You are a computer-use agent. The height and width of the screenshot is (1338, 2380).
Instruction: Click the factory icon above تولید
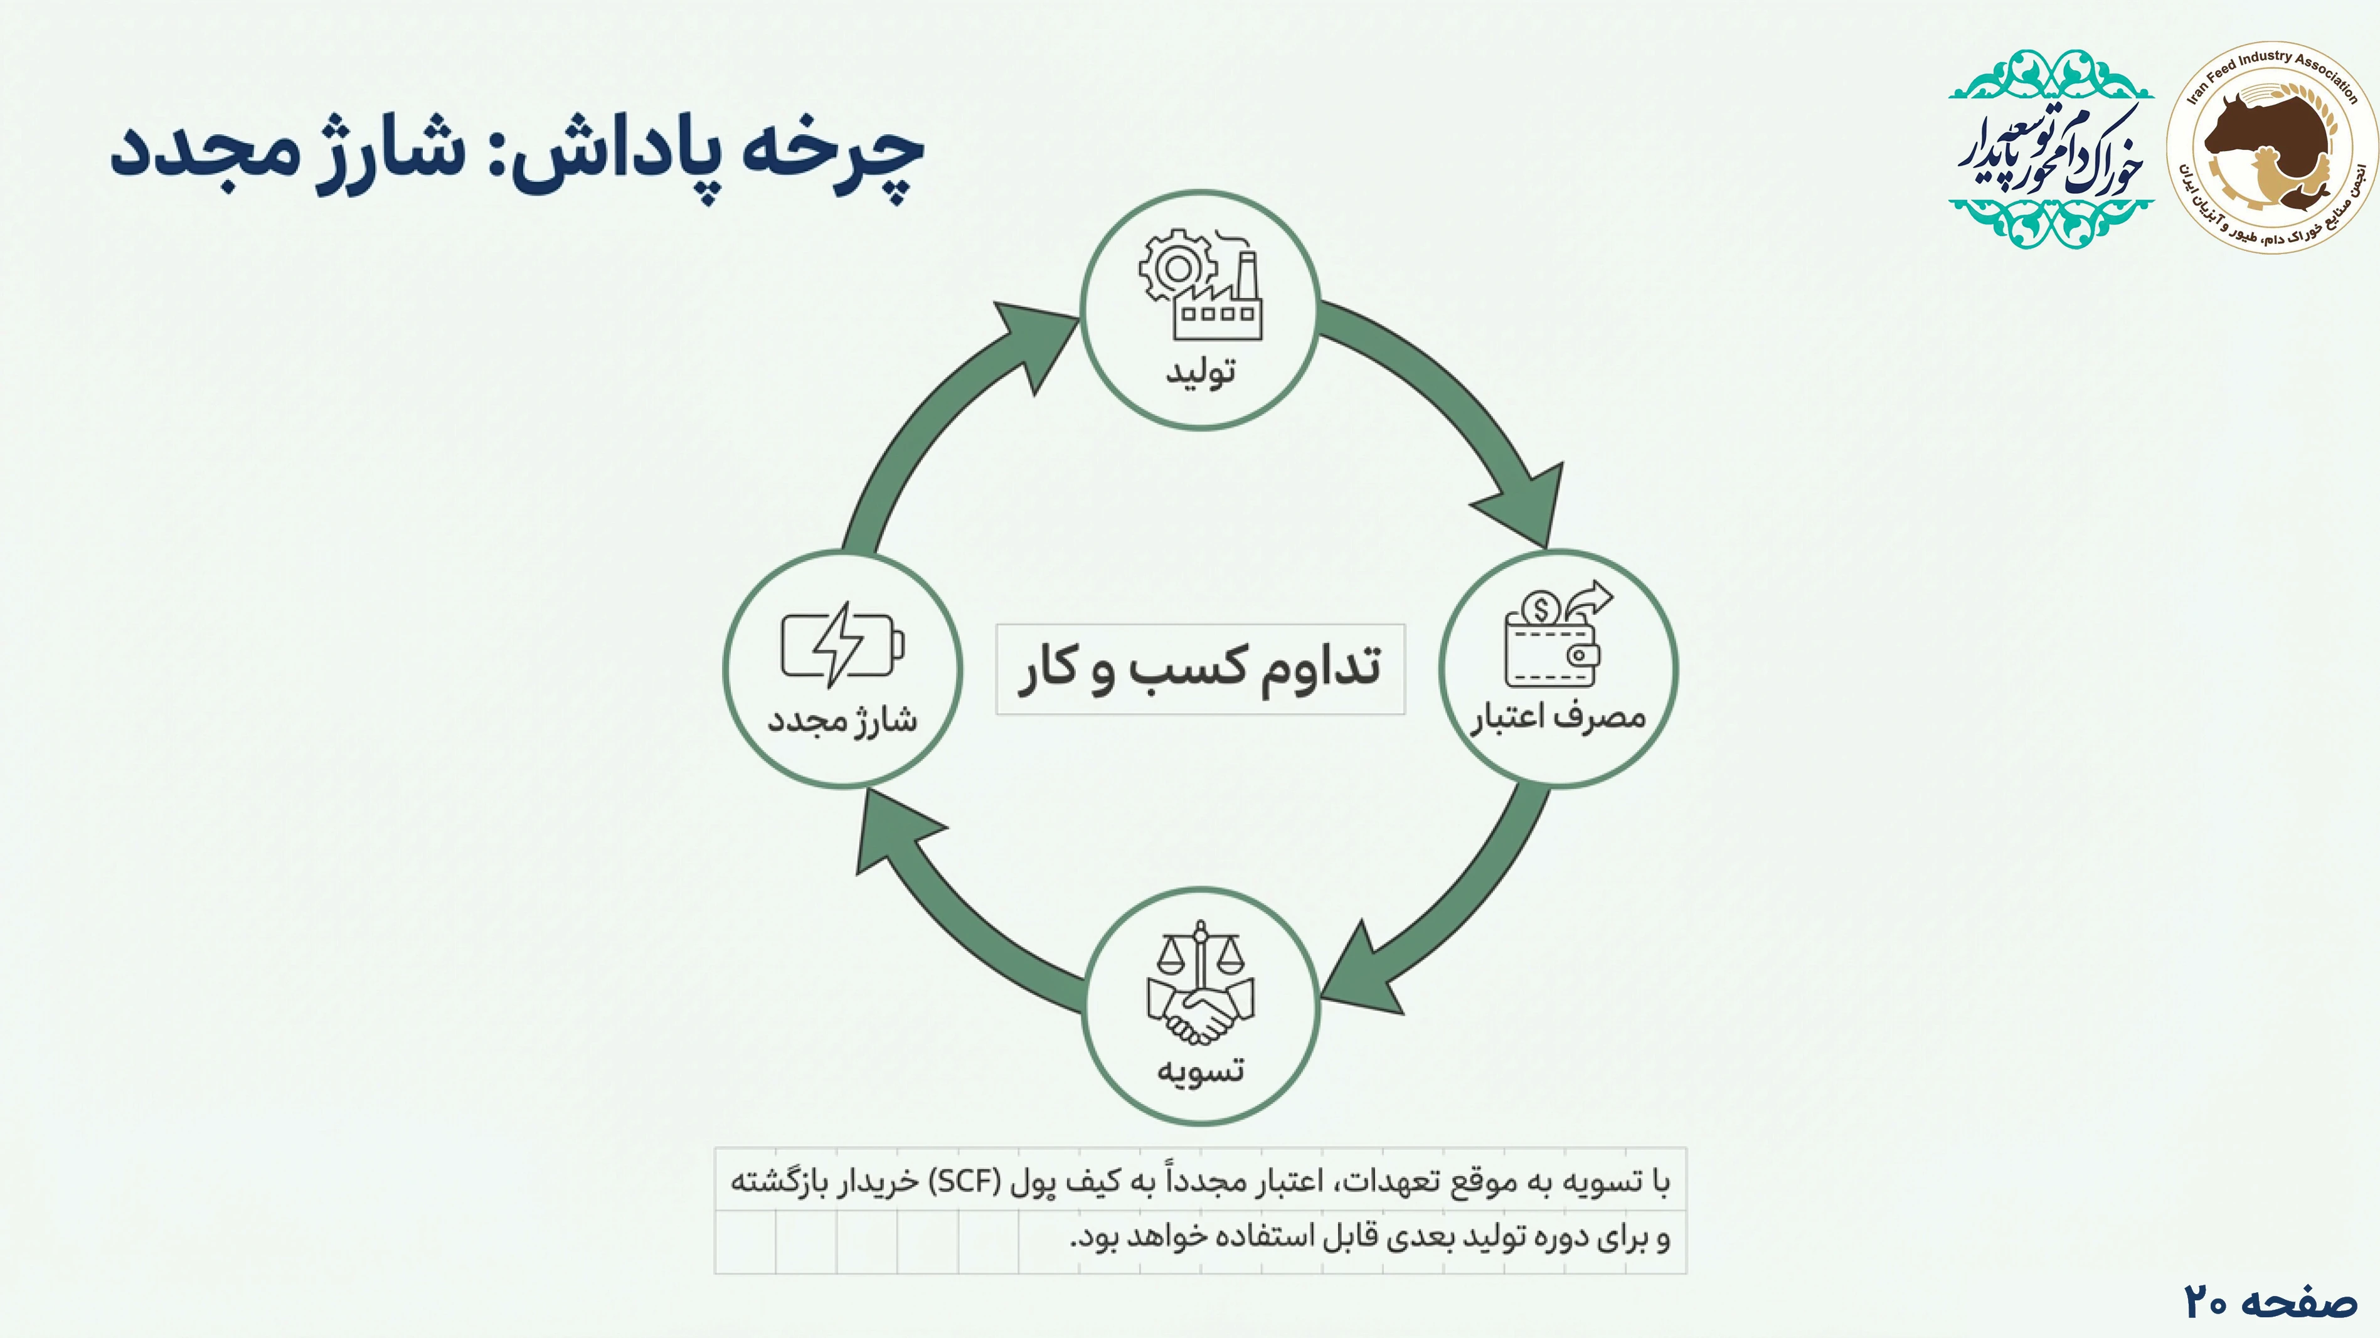tap(1200, 285)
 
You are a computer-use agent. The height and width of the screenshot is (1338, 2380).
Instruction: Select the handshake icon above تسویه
tap(1200, 983)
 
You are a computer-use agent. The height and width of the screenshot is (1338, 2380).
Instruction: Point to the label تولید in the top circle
tap(1200, 373)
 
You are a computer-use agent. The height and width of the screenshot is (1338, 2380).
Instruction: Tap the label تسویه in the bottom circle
tap(1200, 1070)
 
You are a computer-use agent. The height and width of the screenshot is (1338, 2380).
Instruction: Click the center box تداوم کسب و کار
tap(1200, 669)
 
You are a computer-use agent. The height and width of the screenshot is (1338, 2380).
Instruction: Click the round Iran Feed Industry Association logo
tap(2272, 146)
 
